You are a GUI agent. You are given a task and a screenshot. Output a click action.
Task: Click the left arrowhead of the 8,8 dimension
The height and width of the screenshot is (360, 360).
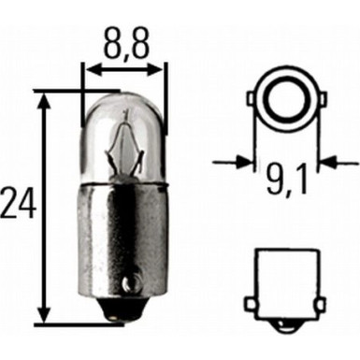[89, 67]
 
